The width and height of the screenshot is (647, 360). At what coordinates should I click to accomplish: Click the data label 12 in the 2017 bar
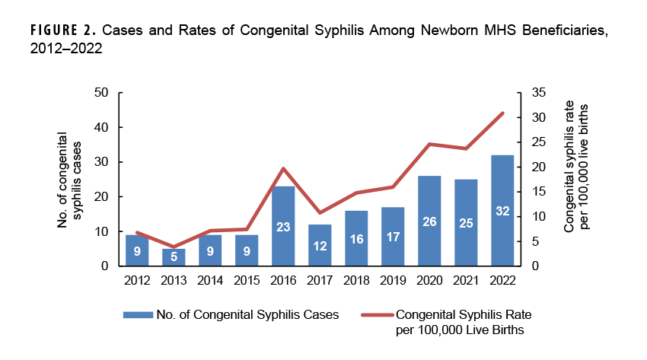pyautogui.click(x=320, y=246)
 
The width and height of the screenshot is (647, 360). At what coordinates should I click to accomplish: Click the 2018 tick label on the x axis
pyautogui.click(x=356, y=279)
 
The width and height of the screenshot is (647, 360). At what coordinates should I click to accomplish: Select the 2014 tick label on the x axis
pyautogui.click(x=210, y=279)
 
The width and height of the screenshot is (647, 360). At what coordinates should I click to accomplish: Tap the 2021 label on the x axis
pyautogui.click(x=466, y=279)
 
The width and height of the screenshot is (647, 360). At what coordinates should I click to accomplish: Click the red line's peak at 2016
pyautogui.click(x=283, y=168)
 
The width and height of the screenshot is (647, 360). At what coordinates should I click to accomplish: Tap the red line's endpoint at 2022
pyautogui.click(x=503, y=113)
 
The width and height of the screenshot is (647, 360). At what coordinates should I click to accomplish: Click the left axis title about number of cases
pyautogui.click(x=69, y=180)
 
